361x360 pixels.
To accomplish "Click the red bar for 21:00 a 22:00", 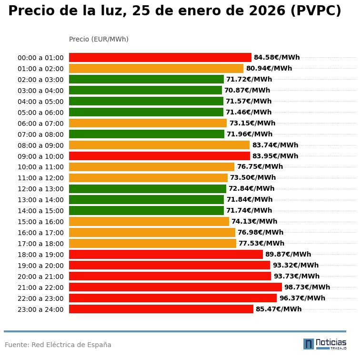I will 175,287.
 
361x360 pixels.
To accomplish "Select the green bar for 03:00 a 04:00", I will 145,90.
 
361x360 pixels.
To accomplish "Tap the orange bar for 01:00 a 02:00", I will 156,68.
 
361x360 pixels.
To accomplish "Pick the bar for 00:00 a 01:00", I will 160,57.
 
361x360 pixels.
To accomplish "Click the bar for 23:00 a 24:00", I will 161,309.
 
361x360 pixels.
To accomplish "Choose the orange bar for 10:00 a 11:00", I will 151,167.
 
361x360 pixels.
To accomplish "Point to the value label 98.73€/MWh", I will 307,287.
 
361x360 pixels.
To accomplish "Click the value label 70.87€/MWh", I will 247,90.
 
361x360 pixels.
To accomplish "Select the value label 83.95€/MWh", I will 275,156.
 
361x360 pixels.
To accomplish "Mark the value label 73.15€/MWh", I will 252,123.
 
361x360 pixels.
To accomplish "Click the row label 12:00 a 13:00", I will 40,189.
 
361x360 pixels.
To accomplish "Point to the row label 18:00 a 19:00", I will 40,255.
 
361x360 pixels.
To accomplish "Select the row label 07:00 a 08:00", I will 40,134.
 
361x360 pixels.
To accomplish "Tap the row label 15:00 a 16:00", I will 40,222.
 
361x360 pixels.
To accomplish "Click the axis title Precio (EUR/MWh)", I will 99,39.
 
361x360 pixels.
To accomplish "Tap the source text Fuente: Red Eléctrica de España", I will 58,345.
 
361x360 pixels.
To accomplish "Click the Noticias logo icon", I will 309,344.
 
